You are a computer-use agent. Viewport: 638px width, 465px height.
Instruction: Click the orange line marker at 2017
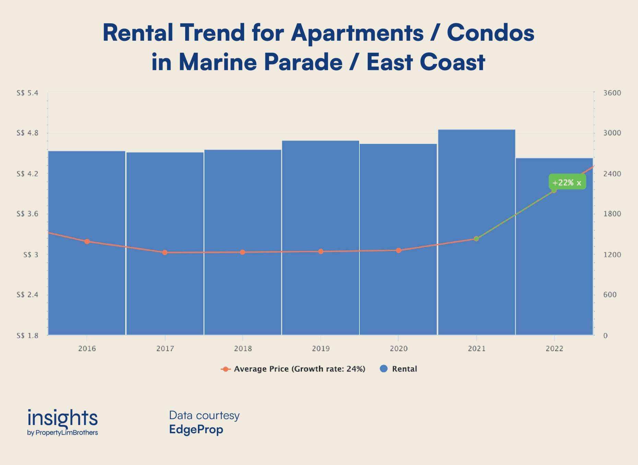(165, 253)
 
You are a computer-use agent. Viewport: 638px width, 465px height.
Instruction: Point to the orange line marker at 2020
(399, 250)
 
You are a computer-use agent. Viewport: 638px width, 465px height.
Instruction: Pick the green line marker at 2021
(476, 238)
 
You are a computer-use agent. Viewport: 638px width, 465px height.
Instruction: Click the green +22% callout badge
(567, 182)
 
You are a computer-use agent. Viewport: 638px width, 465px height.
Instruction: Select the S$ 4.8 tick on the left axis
(27, 133)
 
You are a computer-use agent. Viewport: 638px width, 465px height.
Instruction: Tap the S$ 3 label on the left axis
(31, 255)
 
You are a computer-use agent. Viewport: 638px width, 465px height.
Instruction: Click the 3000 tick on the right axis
(612, 133)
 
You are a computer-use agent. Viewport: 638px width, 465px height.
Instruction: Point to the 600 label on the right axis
(610, 295)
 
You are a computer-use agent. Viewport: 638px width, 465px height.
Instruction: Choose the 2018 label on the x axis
(243, 349)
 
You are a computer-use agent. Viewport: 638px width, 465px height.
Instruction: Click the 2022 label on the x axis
(554, 349)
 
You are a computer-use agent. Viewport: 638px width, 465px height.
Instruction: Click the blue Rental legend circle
(384, 369)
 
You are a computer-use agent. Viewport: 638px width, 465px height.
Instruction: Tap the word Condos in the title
(490, 33)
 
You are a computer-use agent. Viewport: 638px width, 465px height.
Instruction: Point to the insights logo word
(62, 418)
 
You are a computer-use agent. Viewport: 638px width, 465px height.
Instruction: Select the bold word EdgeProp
(196, 429)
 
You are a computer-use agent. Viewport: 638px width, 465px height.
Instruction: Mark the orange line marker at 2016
(87, 242)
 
